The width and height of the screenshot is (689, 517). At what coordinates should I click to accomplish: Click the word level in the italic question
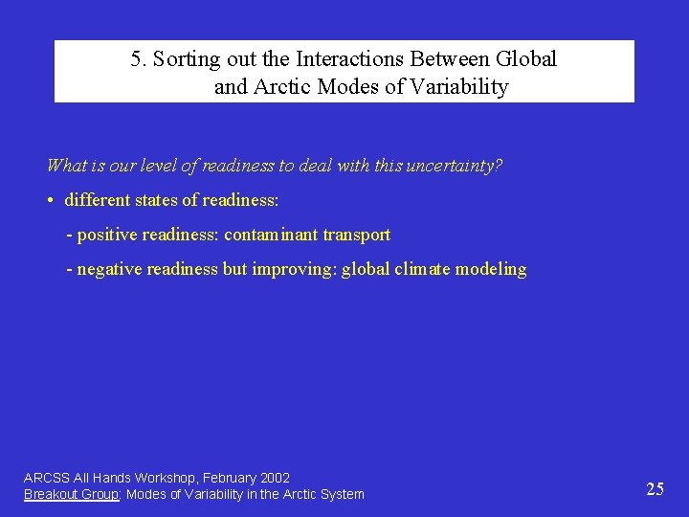point(157,166)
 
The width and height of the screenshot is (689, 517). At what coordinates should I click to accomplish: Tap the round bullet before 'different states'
point(51,201)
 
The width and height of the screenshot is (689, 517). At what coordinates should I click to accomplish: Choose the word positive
point(108,235)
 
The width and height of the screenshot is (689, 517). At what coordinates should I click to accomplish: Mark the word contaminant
point(271,235)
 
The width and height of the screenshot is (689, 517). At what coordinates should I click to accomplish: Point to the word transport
point(357,235)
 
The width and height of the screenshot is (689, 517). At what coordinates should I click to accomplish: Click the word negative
point(111,269)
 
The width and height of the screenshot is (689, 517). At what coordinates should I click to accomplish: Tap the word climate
point(423,269)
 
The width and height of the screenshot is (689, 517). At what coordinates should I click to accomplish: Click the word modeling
point(491,269)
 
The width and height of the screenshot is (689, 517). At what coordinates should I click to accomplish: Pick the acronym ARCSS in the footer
point(44,478)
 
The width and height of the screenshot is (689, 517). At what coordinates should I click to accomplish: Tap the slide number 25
point(656,489)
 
